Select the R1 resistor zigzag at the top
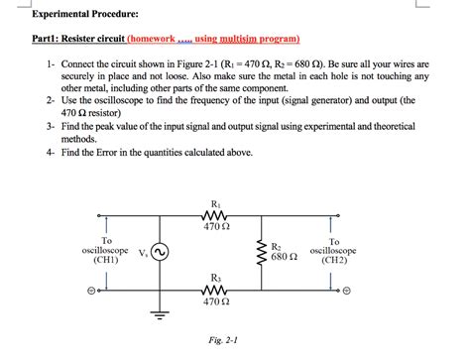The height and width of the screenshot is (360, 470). (x=216, y=215)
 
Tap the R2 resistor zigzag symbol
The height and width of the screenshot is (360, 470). (x=261, y=253)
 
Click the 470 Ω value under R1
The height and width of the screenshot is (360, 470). (x=216, y=227)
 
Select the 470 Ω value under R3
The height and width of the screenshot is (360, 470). (x=216, y=301)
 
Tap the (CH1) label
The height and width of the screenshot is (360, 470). (x=106, y=260)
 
